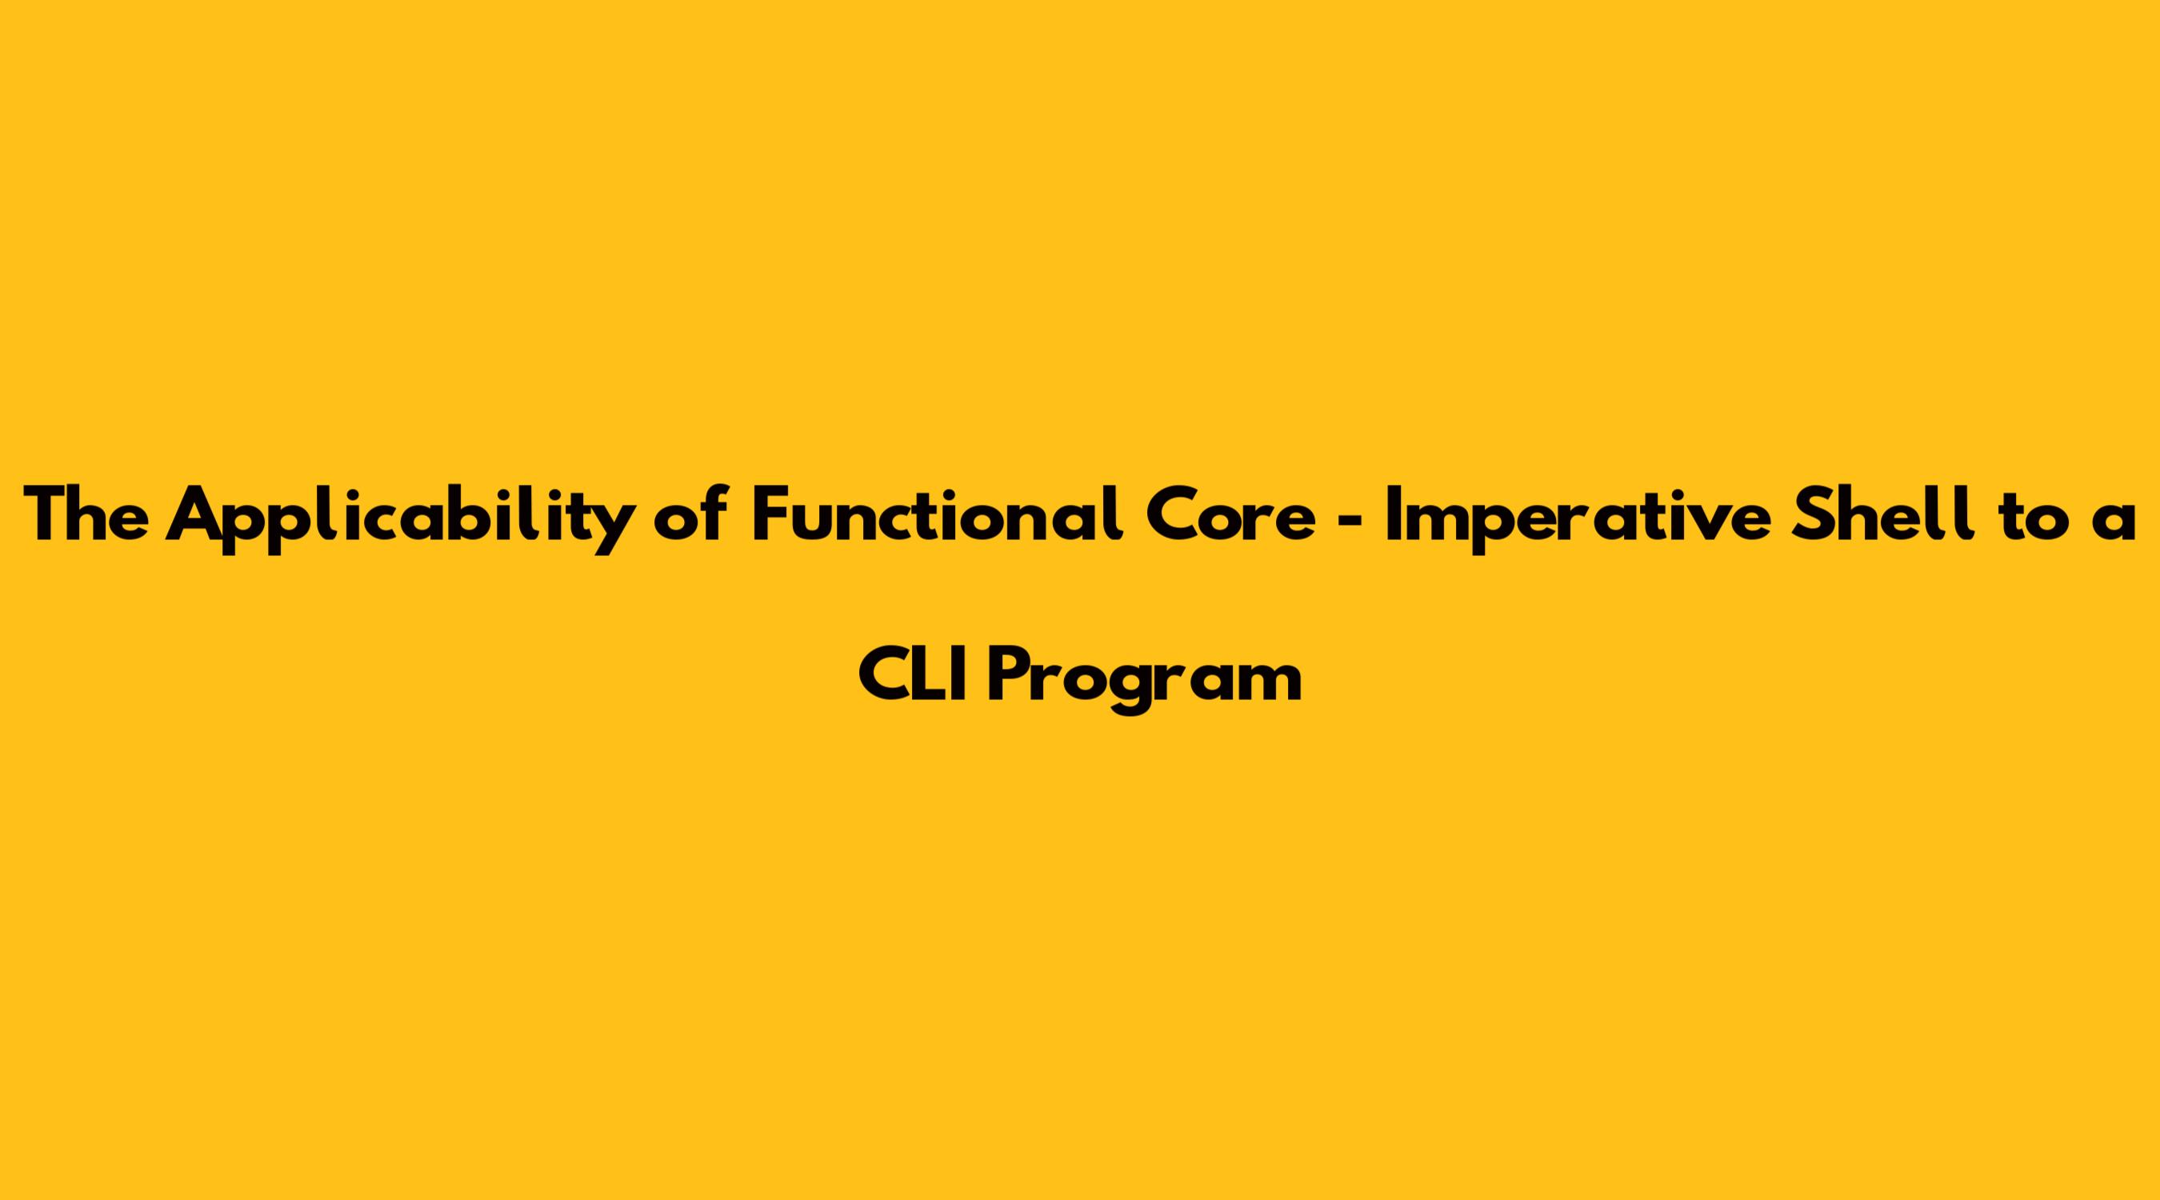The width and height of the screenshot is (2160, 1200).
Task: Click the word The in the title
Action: coord(86,514)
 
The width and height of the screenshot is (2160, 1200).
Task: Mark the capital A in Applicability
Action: coord(194,514)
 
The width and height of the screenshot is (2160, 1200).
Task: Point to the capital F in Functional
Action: coord(770,514)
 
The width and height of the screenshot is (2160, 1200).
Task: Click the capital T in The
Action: coord(46,514)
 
